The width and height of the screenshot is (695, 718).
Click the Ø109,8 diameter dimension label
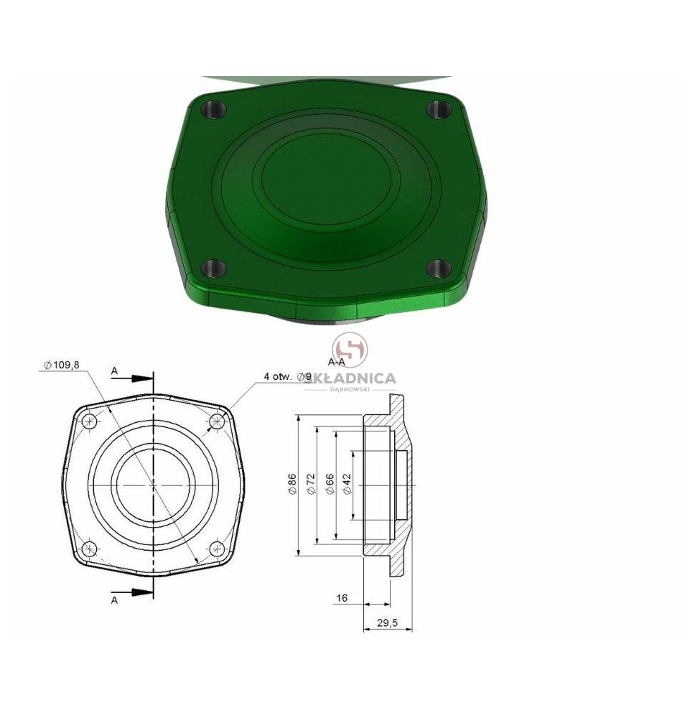pos(62,365)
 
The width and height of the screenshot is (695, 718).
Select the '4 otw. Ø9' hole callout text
pos(287,377)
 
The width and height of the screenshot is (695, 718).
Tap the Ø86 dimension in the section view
pos(292,484)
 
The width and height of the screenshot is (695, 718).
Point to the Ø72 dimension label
pos(311,484)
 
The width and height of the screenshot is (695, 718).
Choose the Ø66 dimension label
pos(330,484)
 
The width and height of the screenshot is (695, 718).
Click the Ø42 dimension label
pos(347,484)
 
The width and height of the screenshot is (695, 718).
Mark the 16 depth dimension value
pos(342,598)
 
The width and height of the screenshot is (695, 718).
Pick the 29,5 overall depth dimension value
pos(387,623)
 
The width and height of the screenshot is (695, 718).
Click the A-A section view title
pos(336,362)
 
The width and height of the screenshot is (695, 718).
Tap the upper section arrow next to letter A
pos(139,378)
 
